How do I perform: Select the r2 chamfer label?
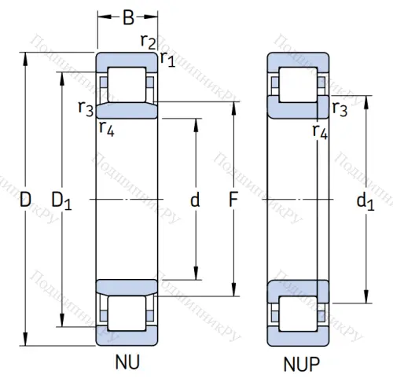point(146,41)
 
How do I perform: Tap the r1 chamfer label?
point(167,57)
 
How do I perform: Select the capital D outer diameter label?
point(25,200)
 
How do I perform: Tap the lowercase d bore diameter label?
point(195,200)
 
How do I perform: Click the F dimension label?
point(233,200)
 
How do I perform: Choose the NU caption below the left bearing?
point(127,362)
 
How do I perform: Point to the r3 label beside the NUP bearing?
point(340,108)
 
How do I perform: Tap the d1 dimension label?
point(365,202)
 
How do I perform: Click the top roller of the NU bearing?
point(127,83)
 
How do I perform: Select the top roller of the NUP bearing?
point(298,83)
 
